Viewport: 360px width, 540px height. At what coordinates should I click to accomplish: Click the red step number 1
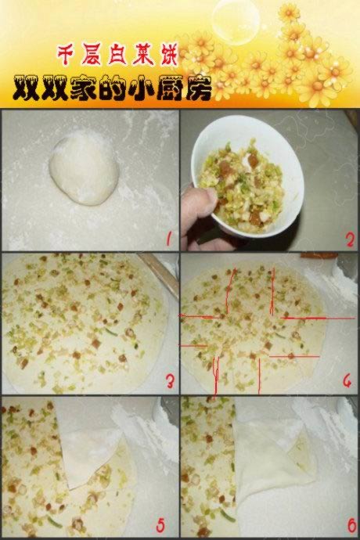[168, 239]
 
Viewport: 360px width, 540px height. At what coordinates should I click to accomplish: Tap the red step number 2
[350, 239]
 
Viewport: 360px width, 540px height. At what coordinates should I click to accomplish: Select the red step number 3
[170, 382]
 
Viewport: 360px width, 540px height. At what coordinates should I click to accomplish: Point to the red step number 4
[347, 381]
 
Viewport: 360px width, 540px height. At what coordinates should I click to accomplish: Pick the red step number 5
[160, 526]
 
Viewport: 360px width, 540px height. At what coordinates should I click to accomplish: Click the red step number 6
[351, 526]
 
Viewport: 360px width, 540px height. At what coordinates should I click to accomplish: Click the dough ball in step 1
[84, 169]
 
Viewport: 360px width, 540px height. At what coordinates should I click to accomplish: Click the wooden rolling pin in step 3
[159, 275]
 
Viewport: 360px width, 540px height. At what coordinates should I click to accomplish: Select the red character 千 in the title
[67, 55]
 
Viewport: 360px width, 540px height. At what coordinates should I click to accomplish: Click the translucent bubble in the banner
[236, 20]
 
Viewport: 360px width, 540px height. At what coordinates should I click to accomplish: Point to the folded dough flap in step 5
[89, 448]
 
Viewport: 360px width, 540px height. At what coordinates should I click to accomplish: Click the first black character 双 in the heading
[26, 88]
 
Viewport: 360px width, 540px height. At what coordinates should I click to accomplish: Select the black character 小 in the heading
[141, 89]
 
